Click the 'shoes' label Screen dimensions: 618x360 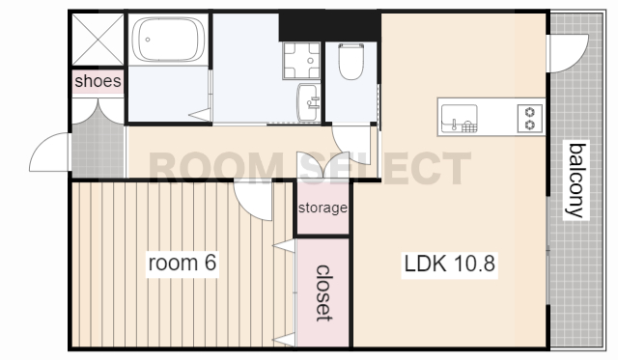coord(98,81)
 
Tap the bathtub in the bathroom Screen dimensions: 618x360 coord(168,40)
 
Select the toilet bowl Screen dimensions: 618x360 coord(351,62)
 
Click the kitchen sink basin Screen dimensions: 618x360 coord(460,118)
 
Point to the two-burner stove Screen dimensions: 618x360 coord(530,119)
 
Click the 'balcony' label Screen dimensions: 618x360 coord(576,180)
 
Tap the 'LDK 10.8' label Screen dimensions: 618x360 coord(449,263)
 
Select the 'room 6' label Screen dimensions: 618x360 coord(183,263)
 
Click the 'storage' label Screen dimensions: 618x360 coord(323,208)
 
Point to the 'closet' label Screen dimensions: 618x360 coord(324,293)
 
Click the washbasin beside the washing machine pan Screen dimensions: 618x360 coord(309,102)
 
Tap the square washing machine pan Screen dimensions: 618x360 coord(301,61)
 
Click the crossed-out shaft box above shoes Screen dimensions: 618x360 coord(98,40)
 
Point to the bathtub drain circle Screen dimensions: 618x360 coord(148,40)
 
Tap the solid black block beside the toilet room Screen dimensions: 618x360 coord(329,27)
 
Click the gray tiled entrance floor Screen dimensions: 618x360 coord(98,150)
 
